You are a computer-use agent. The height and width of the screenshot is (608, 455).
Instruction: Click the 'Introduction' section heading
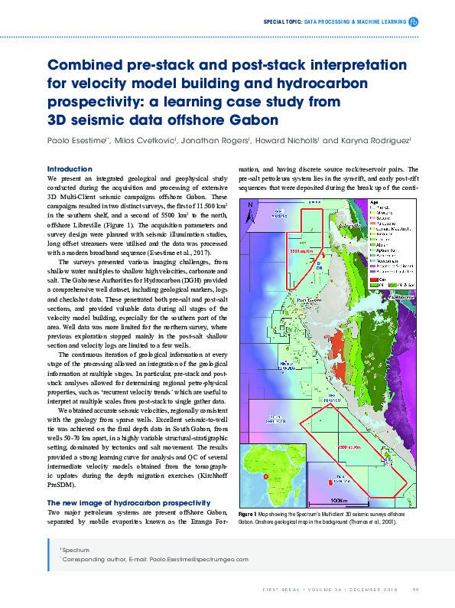[70, 168]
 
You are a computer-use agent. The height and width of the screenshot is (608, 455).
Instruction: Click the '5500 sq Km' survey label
[303, 250]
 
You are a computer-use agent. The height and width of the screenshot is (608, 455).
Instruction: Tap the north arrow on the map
[249, 207]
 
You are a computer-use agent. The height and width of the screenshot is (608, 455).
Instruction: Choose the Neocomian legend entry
[386, 260]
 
